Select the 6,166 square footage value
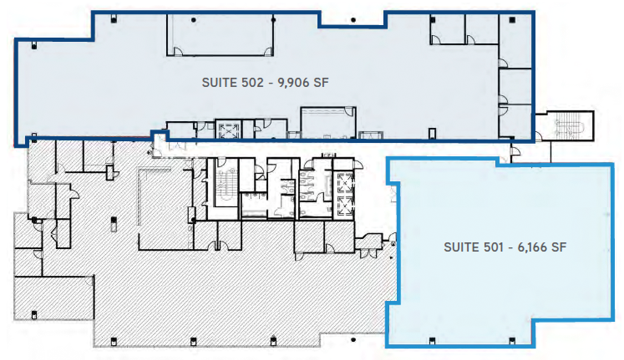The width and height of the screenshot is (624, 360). point(532,247)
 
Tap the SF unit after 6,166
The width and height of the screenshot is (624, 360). point(559,247)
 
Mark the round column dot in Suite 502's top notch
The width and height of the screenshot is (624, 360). point(353,20)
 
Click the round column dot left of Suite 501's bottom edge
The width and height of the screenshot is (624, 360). point(353,340)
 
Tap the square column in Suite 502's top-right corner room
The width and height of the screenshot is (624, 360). point(512,20)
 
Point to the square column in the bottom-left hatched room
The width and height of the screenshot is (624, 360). point(34,315)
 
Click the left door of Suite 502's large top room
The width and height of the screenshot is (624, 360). point(177,52)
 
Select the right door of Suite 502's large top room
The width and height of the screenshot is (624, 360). point(268,52)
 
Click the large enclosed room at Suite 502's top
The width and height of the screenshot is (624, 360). point(220,35)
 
